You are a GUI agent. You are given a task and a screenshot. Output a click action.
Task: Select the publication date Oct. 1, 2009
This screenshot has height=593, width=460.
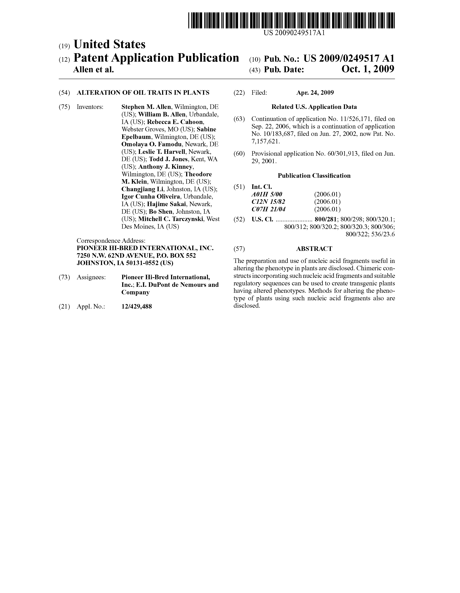(368, 70)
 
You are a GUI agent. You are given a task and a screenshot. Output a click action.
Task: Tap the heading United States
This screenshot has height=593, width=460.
(109, 44)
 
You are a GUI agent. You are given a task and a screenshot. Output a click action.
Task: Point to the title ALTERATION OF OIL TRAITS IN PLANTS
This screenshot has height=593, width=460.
(143, 93)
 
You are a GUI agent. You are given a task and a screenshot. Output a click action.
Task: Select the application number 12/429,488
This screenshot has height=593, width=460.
(137, 307)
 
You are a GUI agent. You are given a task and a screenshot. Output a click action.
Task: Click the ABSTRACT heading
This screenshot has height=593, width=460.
(314, 249)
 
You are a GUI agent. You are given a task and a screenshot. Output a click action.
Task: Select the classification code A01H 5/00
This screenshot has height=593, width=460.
(267, 194)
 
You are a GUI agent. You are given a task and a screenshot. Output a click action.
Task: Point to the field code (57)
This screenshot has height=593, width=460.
(239, 249)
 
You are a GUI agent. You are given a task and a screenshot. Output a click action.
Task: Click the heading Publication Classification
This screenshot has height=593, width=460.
(314, 176)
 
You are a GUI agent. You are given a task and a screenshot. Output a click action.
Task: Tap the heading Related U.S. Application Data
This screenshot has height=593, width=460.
(314, 107)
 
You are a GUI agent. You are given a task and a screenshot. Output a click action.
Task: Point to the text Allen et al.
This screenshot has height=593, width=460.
(93, 70)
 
